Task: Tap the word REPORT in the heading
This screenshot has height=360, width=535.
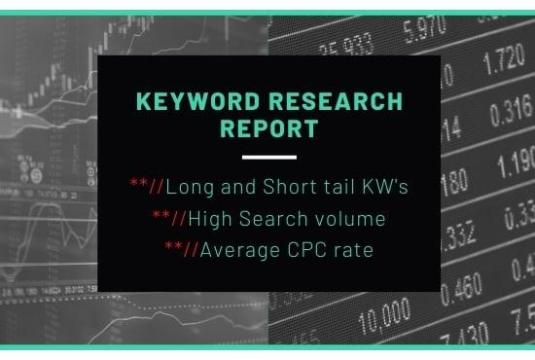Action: pyautogui.click(x=267, y=127)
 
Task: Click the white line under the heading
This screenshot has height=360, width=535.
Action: pyautogui.click(x=267, y=157)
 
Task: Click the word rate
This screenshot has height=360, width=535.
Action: pyautogui.click(x=353, y=251)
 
